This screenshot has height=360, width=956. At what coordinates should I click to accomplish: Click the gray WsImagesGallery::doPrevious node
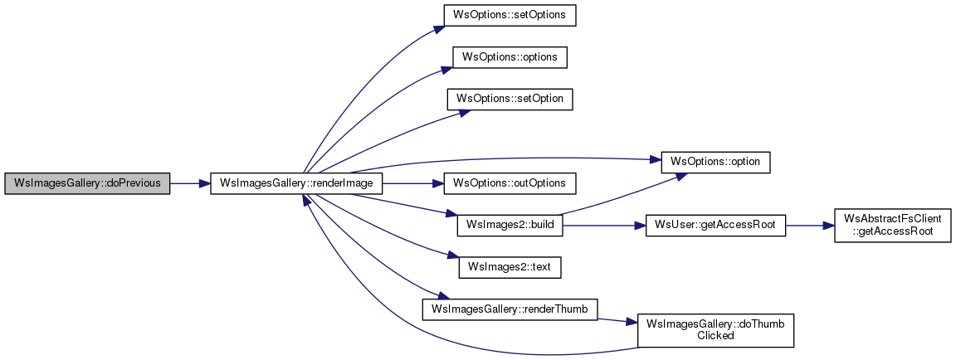coord(87,183)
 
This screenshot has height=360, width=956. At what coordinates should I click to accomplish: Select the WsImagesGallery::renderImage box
coord(296,183)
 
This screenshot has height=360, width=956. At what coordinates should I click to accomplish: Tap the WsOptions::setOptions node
coord(510,15)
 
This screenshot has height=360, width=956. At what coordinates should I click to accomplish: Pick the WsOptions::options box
coord(510,56)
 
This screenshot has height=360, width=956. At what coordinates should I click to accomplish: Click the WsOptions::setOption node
coord(510,99)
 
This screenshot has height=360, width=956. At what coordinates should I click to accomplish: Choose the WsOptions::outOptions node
coord(510,183)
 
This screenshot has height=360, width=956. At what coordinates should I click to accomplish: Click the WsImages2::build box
coord(510,226)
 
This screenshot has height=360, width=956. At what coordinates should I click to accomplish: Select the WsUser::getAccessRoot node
coord(715,226)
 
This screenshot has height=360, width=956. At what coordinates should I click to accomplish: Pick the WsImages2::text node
coord(510,267)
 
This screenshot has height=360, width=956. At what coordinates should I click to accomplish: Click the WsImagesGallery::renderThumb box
coord(510,309)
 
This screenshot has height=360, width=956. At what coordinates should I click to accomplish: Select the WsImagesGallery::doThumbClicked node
coord(715,331)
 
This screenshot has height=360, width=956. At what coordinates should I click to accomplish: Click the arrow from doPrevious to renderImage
coord(189,183)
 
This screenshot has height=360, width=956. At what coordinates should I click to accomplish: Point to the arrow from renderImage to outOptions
coord(412,183)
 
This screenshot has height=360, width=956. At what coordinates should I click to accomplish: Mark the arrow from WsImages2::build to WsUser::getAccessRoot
coord(603,226)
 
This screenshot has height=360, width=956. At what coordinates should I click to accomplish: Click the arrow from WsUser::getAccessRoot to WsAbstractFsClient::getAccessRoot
coord(809,226)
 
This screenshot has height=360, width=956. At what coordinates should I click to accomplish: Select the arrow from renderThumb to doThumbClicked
coord(617,320)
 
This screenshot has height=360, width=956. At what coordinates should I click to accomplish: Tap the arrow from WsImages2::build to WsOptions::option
coord(622,192)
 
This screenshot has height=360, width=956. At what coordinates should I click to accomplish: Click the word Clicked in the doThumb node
coord(715,337)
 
